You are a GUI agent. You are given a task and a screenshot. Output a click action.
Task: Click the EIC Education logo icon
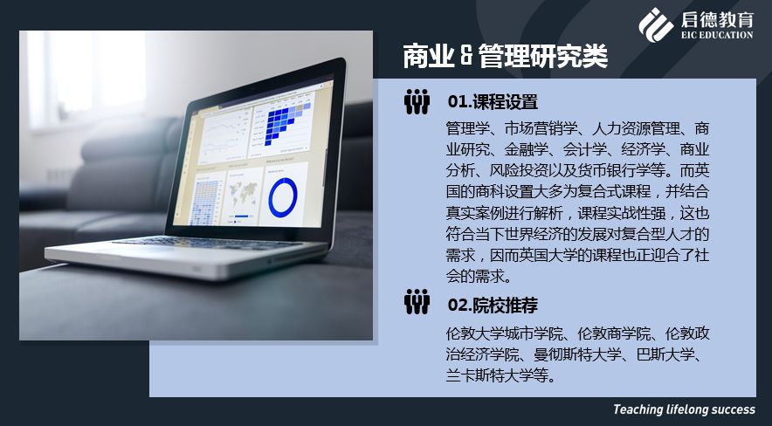pos(656,24)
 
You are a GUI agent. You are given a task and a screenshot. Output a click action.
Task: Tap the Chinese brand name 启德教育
pos(717,19)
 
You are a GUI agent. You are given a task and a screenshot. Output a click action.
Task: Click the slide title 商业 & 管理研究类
pos(505,56)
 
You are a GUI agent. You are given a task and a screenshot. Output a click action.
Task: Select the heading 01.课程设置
pos(493,102)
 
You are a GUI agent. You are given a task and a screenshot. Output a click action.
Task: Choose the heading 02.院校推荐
pos(493,306)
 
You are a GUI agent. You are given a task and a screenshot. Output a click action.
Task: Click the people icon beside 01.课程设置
pos(417,102)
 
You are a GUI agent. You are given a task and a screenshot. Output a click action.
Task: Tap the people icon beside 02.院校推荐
pos(417,301)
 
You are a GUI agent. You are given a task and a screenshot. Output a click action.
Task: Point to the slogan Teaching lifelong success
pos(684,409)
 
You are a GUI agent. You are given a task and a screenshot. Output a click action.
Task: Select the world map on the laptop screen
pos(244,192)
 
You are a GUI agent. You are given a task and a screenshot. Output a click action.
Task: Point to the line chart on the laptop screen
pos(224,134)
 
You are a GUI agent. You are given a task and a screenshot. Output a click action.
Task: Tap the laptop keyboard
pos(207,243)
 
